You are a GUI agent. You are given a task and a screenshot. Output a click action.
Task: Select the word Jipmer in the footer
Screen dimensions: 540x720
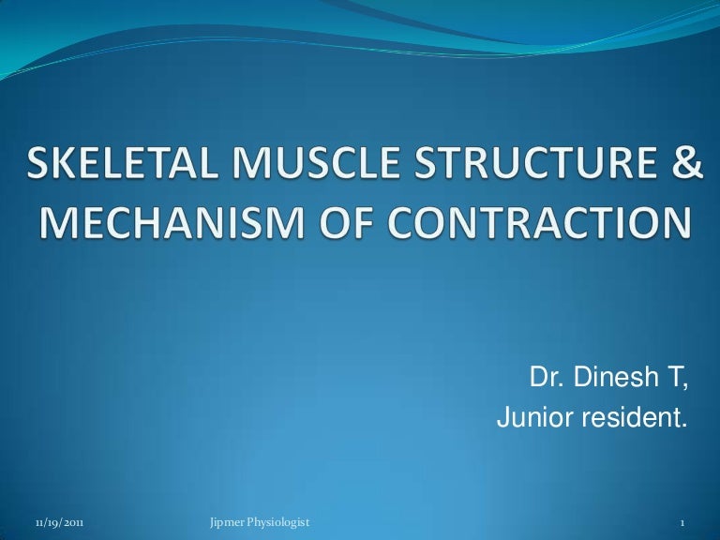221,520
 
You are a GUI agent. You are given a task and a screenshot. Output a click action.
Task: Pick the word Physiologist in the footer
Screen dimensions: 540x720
277,520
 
